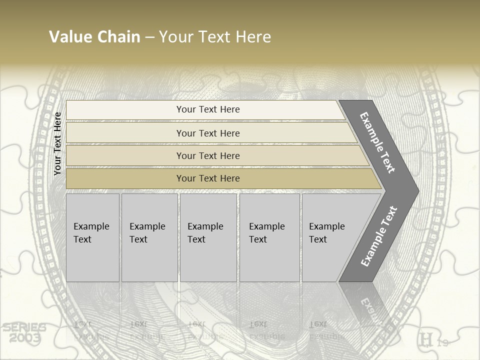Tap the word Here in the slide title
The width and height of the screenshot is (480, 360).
pyautogui.click(x=252, y=37)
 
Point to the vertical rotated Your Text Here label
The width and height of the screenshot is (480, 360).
pyautogui.click(x=57, y=143)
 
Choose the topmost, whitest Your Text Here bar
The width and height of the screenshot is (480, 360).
pyautogui.click(x=207, y=109)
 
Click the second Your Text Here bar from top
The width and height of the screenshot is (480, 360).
pyautogui.click(x=207, y=133)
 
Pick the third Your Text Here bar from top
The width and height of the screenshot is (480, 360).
pyautogui.click(x=207, y=155)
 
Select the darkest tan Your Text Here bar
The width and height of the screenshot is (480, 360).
pyautogui.click(x=207, y=178)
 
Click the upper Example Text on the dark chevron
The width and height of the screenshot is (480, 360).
pyautogui.click(x=377, y=143)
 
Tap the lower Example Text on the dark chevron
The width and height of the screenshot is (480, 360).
pyautogui.click(x=378, y=236)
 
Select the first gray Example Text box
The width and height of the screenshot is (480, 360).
pyautogui.click(x=92, y=237)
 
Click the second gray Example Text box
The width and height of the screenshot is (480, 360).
pyautogui.click(x=149, y=237)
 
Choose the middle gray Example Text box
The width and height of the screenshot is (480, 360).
pyautogui.click(x=208, y=237)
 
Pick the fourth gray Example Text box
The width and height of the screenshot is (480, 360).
pyautogui.click(x=269, y=237)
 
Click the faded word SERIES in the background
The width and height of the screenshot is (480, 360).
pyautogui.click(x=24, y=328)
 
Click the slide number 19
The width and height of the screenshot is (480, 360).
pyautogui.click(x=442, y=343)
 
